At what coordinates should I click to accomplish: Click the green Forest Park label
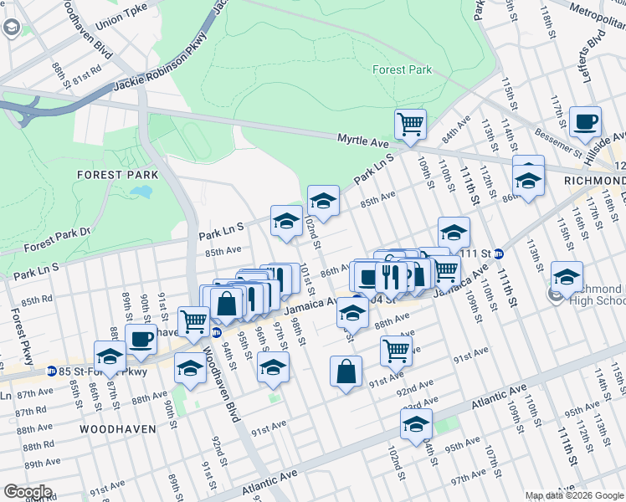(402, 69)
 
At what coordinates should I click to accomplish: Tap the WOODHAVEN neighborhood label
(118, 428)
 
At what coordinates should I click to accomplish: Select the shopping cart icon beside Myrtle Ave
(410, 125)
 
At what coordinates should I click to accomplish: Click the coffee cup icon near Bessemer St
(585, 121)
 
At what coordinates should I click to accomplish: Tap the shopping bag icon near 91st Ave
(346, 371)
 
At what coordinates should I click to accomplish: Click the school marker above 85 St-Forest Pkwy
(110, 356)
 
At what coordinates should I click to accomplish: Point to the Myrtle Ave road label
(364, 142)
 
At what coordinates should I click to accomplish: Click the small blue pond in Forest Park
(141, 192)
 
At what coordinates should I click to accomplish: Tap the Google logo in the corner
(28, 492)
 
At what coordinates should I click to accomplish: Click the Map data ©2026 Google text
(573, 495)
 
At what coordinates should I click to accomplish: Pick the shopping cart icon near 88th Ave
(396, 351)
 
